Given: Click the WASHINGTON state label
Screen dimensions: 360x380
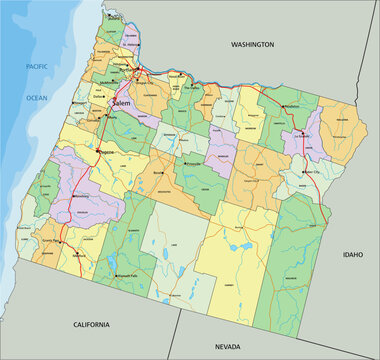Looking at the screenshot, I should coord(252,45).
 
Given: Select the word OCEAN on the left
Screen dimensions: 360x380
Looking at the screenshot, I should coord(37,98).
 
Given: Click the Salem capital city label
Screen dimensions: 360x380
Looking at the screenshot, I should coord(123,103).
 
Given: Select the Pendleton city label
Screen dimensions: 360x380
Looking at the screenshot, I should coord(291,106).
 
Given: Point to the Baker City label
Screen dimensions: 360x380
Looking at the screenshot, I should coord(319,171).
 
